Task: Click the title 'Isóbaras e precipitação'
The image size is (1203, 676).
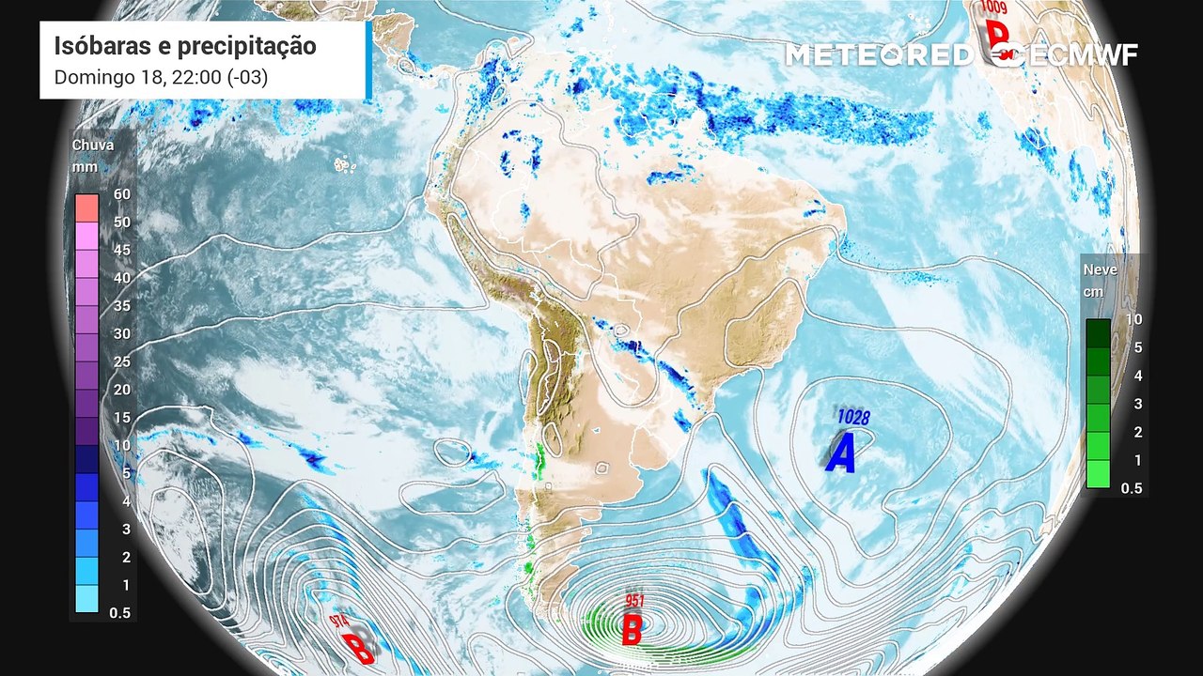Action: tap(185, 46)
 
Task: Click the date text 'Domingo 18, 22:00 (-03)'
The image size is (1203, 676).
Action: tap(161, 77)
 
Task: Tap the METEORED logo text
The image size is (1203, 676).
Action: tap(880, 55)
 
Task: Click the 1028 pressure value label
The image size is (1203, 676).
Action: tap(853, 416)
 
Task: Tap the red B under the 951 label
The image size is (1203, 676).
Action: tap(633, 629)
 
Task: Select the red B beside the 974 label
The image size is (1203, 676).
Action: tap(357, 648)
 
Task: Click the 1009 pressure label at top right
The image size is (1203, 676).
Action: tap(992, 8)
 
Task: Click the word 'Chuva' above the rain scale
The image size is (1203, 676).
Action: tap(93, 146)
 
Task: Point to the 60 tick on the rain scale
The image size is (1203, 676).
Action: tap(121, 194)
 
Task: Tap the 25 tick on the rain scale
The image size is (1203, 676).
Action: tap(121, 361)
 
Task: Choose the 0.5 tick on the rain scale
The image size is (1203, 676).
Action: tap(120, 613)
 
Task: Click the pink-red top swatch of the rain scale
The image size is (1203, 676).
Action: tap(86, 207)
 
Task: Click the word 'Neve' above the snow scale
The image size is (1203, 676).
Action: tap(1101, 269)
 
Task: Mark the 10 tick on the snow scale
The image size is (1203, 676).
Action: tap(1134, 319)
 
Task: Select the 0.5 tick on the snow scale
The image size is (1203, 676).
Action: tap(1132, 488)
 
